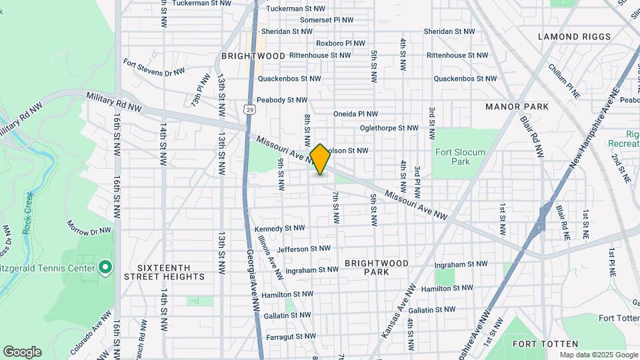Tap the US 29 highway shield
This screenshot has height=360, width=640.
click(249, 108)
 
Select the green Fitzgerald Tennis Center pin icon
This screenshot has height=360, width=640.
click(105, 268)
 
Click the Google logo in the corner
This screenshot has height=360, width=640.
click(22, 351)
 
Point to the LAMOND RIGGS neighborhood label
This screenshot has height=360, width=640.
click(574, 37)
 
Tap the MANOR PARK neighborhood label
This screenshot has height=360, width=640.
click(517, 107)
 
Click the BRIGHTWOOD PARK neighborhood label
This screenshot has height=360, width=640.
click(377, 267)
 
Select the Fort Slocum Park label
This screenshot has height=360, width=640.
click(461, 157)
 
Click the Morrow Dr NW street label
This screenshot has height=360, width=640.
click(88, 227)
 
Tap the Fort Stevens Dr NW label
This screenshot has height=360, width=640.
click(153, 67)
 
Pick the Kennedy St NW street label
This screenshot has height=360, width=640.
click(279, 228)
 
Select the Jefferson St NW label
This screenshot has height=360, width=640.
click(303, 249)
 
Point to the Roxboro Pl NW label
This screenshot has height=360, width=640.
click(341, 43)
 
